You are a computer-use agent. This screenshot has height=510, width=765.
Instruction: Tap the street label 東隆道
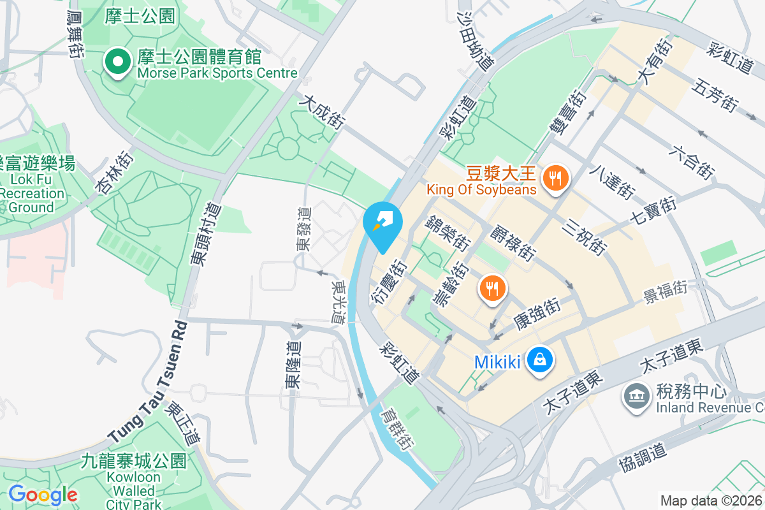click(x=295, y=365)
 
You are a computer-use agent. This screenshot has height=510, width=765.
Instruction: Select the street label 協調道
click(x=643, y=458)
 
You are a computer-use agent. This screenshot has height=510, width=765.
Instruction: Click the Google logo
click(x=43, y=494)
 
